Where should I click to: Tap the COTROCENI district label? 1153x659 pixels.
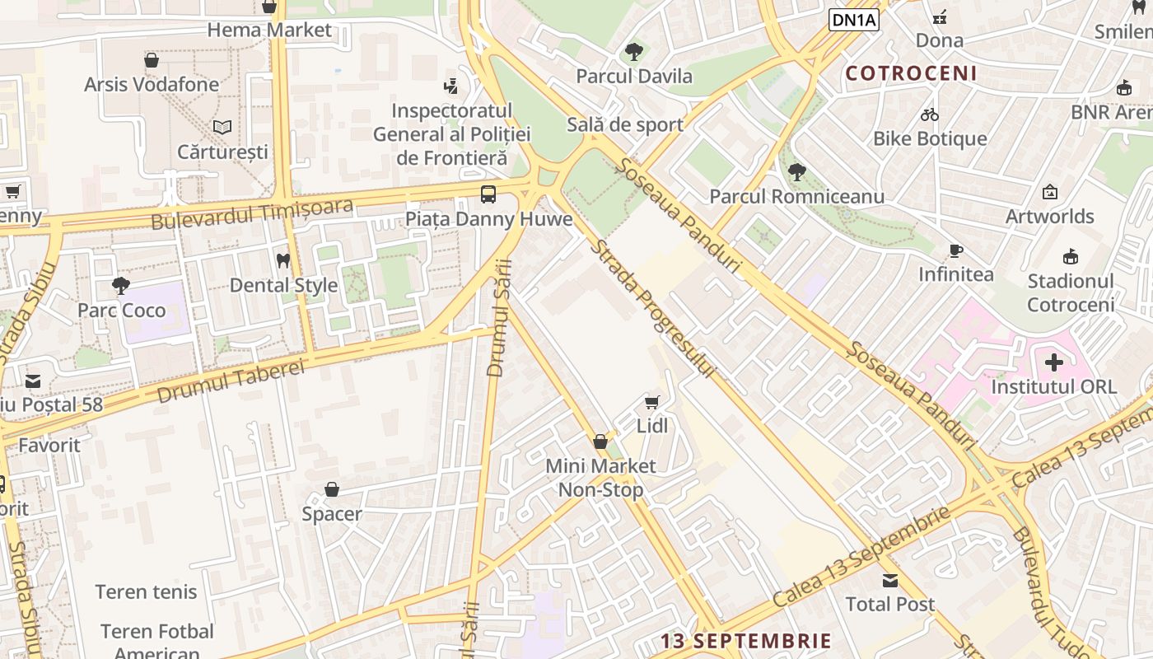[x=912, y=73]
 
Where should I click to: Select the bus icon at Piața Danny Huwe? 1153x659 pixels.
[x=488, y=194]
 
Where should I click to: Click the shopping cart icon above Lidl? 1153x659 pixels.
[x=651, y=402]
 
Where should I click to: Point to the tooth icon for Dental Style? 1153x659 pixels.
[x=283, y=260]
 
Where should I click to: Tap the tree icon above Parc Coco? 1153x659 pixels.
[x=121, y=286]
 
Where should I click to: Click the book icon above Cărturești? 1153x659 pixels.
[x=222, y=127]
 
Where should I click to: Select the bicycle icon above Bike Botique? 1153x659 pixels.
[x=930, y=115]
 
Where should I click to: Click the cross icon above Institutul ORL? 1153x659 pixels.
[x=1053, y=362]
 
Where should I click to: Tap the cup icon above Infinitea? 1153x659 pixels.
[x=955, y=250]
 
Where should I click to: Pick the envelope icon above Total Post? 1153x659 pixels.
[x=890, y=580]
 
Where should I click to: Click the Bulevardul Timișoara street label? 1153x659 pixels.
[x=252, y=213]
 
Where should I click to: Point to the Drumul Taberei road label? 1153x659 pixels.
[x=230, y=380]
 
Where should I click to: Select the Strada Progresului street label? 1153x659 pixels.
[x=651, y=309]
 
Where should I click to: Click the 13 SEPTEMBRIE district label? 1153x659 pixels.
[x=746, y=641]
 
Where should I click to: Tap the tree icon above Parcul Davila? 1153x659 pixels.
[x=633, y=52]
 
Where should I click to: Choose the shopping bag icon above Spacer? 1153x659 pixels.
[x=332, y=490]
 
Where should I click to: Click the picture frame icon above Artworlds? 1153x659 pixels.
[x=1050, y=192]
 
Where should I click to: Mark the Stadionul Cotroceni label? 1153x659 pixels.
[x=1070, y=292]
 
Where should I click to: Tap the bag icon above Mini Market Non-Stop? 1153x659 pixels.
[x=600, y=442]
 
